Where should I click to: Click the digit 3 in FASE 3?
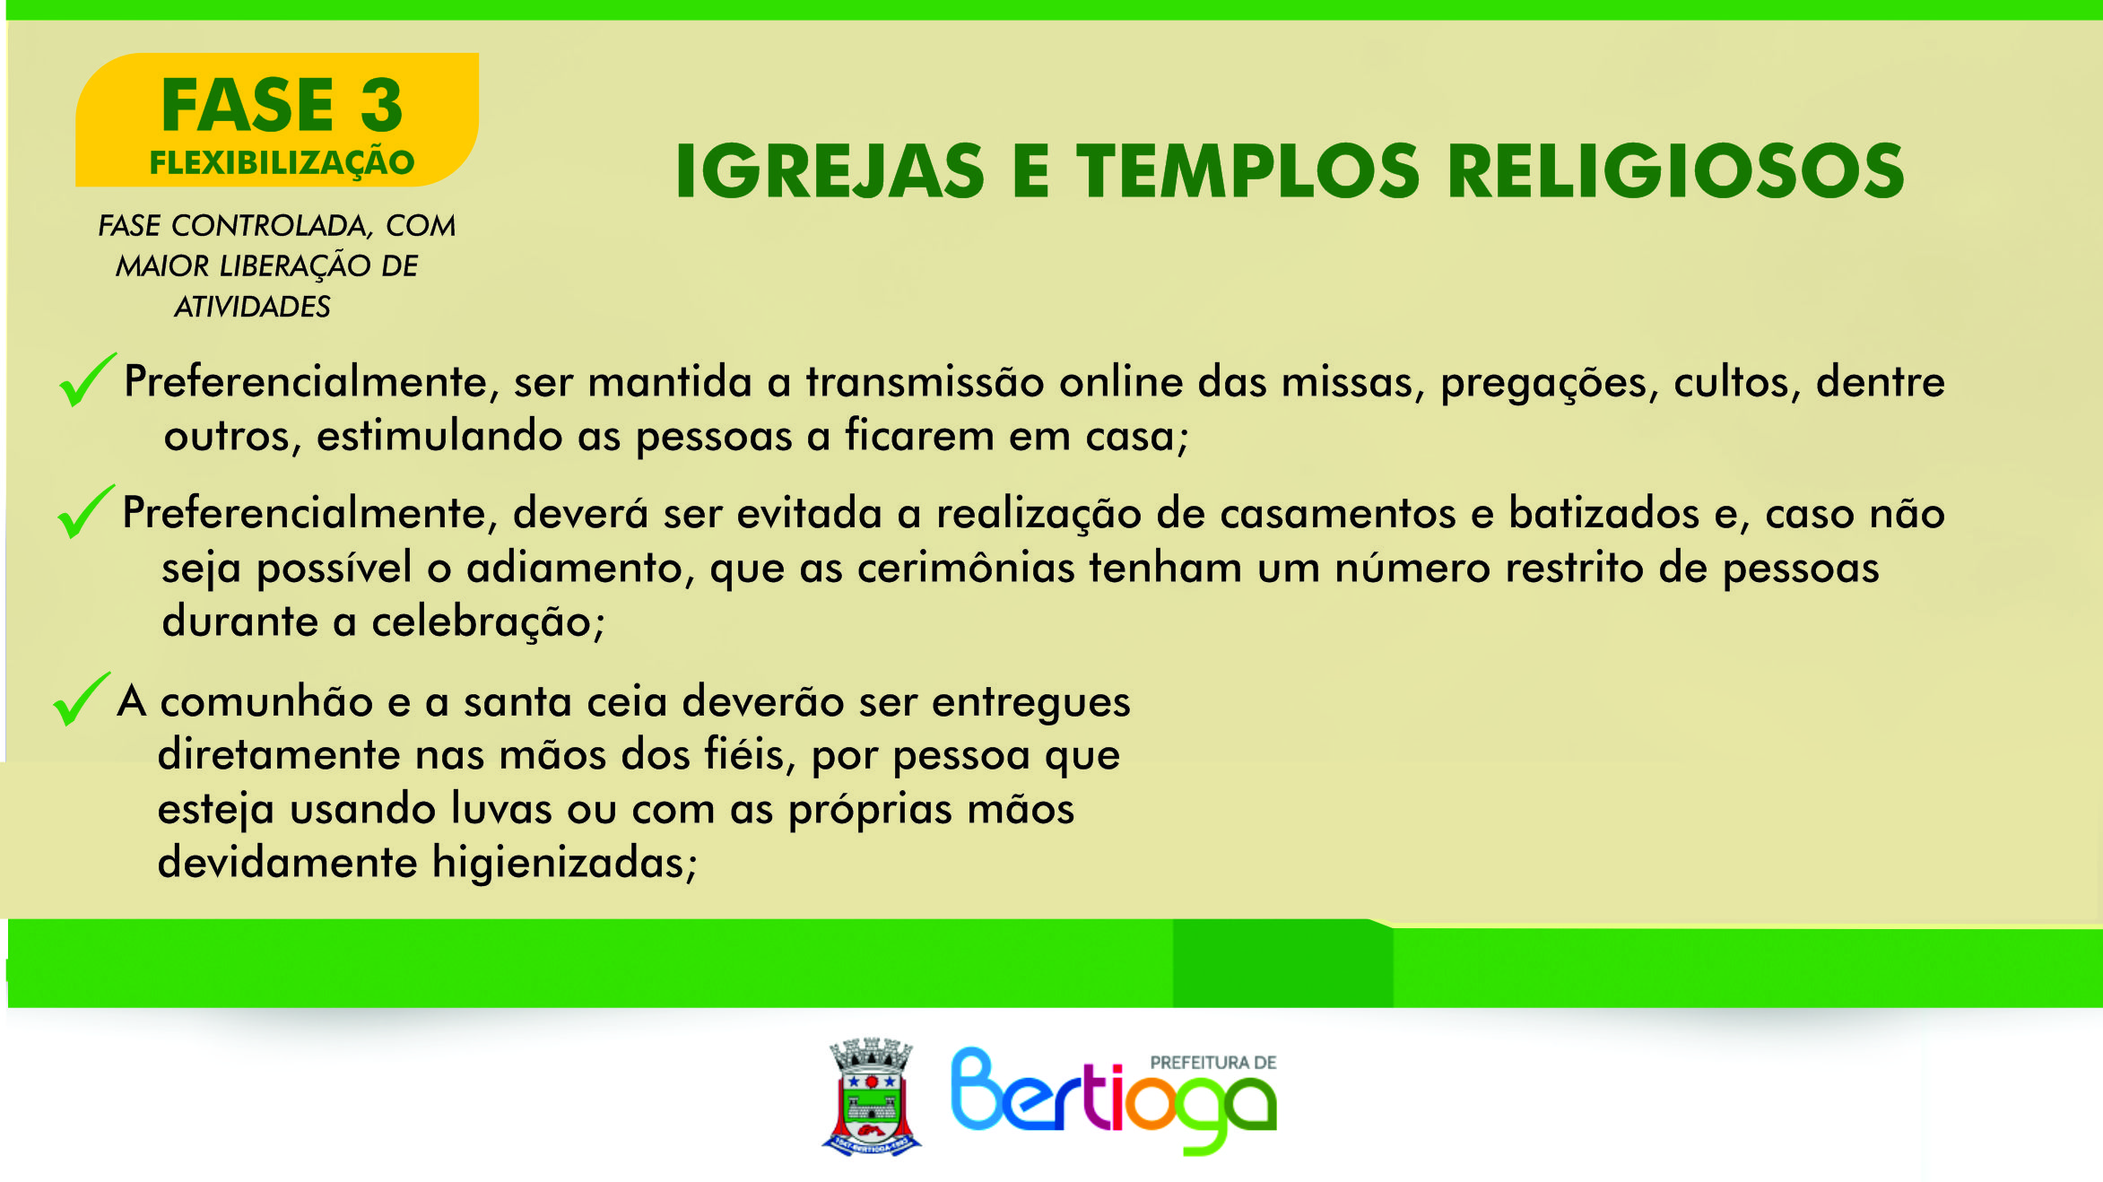click(x=382, y=105)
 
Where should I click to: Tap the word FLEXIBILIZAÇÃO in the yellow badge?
click(x=282, y=162)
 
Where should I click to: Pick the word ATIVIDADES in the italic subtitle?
click(x=252, y=307)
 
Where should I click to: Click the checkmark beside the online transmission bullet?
click(x=87, y=380)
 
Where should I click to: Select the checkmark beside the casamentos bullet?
click(x=85, y=511)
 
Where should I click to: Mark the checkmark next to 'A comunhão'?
click(x=82, y=699)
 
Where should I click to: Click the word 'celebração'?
click(x=488, y=622)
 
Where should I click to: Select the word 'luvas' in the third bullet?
click(x=501, y=808)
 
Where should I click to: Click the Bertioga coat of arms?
click(x=872, y=1096)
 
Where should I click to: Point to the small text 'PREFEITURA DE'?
click(x=1213, y=1063)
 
